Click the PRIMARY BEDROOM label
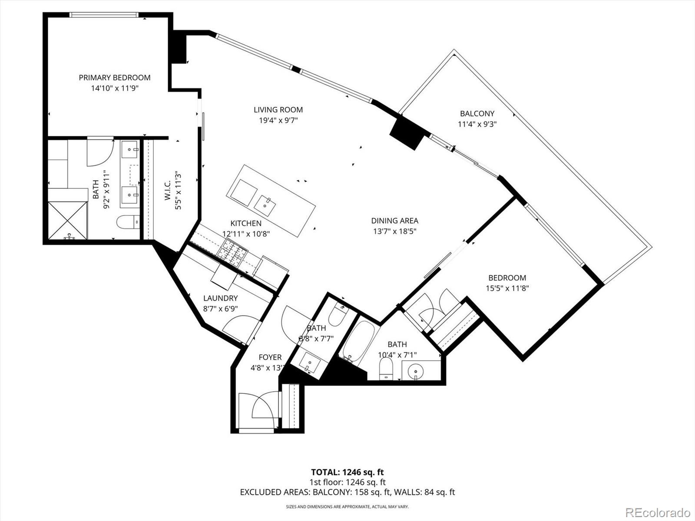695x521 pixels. click(x=115, y=78)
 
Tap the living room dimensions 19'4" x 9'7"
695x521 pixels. click(x=278, y=120)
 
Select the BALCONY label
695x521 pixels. click(x=477, y=114)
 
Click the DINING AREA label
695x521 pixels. click(x=394, y=221)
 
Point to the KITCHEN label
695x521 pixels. click(x=246, y=223)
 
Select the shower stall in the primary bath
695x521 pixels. click(x=67, y=220)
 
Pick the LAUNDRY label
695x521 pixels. click(x=220, y=298)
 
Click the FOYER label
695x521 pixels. click(x=270, y=357)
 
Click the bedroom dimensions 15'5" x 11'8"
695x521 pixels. click(x=507, y=288)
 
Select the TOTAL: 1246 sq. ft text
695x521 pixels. click(x=347, y=472)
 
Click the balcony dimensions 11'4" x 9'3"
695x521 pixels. click(x=477, y=124)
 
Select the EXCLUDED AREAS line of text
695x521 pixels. click(x=347, y=492)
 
